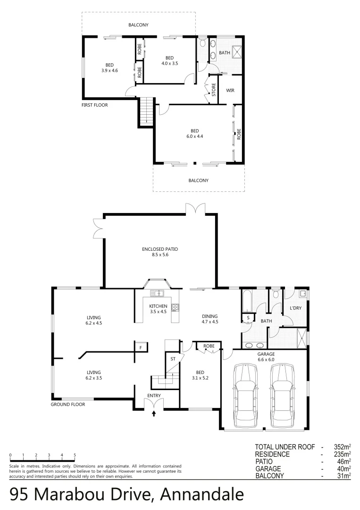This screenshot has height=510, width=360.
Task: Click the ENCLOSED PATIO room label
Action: coord(159,252)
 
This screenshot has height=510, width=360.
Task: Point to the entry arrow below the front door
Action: coord(154,414)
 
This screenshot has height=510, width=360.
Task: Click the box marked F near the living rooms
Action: coord(140,348)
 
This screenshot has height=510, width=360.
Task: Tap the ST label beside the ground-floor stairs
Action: coord(173,359)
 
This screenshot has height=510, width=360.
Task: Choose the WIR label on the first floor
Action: coord(231,90)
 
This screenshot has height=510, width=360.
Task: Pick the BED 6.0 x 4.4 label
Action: coord(194,134)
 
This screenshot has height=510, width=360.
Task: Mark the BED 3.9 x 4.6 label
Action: coord(109,68)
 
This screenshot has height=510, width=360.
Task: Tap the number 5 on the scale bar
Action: coord(75,455)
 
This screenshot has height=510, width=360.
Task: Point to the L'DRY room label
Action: coord(295,308)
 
